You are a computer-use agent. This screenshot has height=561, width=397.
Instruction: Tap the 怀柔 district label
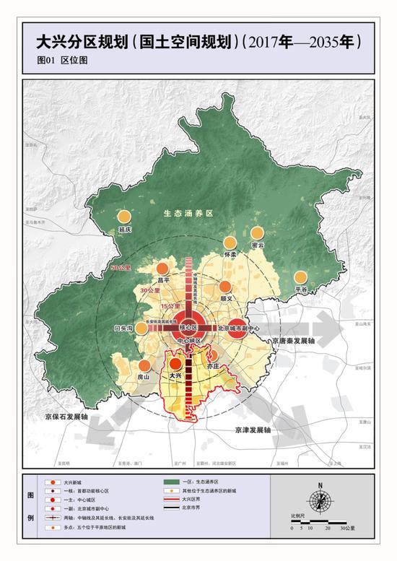231,254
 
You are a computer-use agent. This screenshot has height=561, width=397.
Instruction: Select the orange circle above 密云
258,233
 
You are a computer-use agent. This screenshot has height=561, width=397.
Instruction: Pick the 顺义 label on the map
227,297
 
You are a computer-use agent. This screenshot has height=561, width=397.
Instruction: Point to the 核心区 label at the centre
188,327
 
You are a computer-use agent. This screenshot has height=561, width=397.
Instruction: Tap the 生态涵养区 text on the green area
185,214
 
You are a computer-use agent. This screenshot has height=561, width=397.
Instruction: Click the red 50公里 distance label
121,268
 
